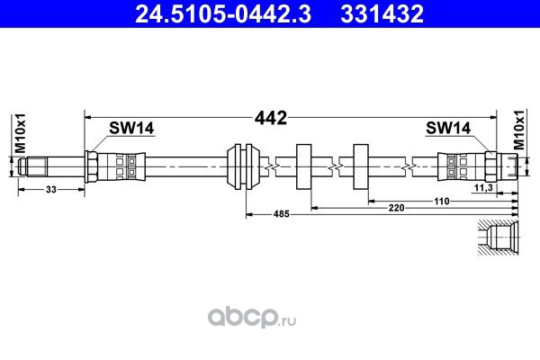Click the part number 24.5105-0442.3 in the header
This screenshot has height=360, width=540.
(223, 14)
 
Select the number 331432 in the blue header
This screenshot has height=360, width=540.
(382, 14)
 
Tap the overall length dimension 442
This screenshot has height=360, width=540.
(271, 118)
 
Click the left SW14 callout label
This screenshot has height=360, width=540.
(131, 128)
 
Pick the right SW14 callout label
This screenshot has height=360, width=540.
(448, 128)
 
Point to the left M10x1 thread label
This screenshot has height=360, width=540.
(21, 133)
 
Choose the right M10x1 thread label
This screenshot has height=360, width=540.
(519, 130)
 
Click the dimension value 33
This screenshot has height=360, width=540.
(51, 190)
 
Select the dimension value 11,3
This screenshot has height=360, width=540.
(483, 188)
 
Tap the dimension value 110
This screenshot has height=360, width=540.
(442, 201)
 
